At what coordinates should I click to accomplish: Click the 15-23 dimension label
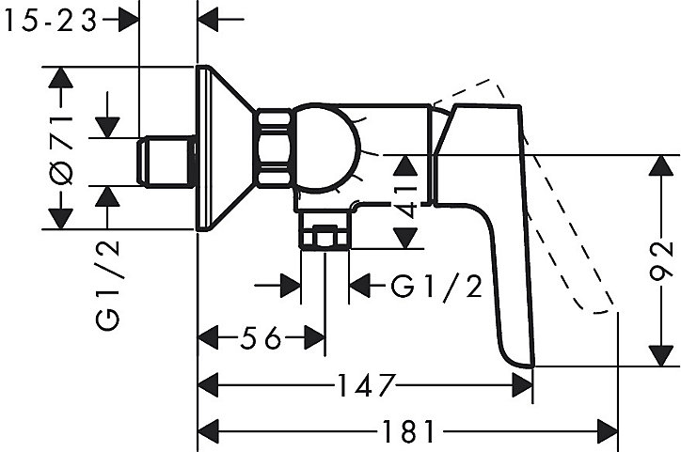51,21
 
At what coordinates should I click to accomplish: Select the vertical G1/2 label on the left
107,286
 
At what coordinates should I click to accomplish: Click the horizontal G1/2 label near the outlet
436,286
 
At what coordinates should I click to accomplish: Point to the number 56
261,338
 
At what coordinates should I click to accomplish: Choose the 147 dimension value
366,385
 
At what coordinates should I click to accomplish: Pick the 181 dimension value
408,431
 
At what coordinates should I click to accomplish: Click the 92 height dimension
661,261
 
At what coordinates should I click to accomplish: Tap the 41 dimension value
405,202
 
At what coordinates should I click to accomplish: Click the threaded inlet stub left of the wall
166,162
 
